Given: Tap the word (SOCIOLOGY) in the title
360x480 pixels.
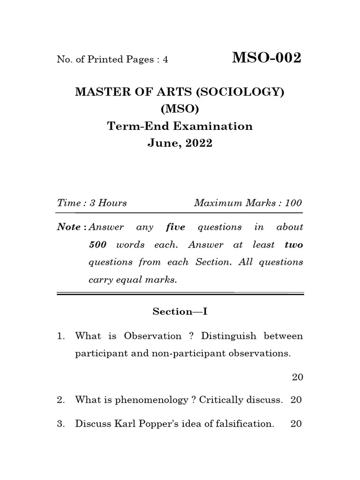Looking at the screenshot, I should (x=240, y=92).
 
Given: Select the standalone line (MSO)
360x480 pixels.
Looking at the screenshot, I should (x=180, y=109).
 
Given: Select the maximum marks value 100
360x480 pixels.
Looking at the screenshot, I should (x=293, y=203).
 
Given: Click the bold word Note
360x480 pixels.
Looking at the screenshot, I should (x=68, y=227).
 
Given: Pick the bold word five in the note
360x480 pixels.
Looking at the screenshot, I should (x=176, y=227).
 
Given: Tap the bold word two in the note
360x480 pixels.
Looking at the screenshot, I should (x=293, y=245).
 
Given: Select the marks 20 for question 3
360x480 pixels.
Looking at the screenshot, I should (x=296, y=424).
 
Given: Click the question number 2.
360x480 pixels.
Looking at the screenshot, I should (x=60, y=400).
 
